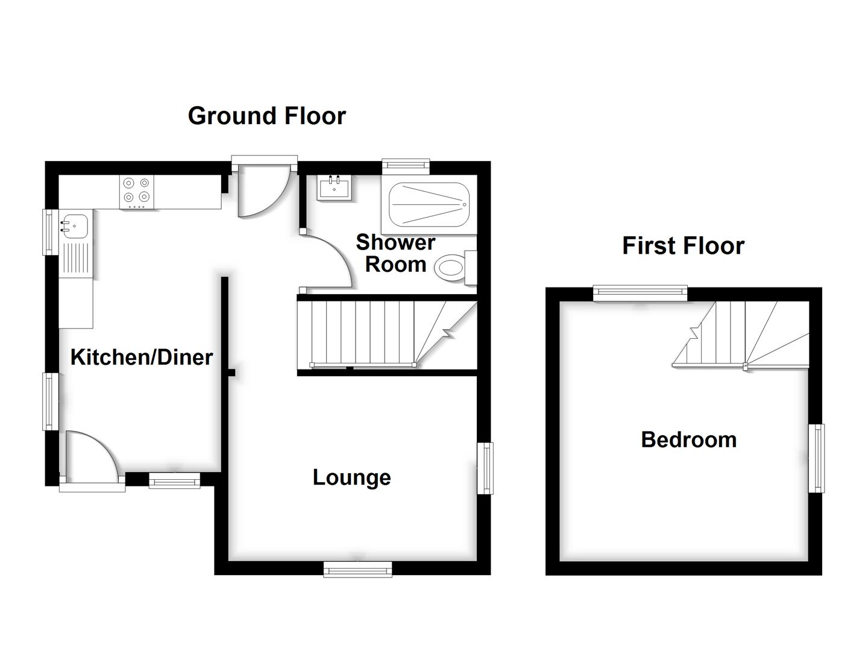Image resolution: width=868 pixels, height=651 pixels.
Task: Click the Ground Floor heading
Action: point(266,116)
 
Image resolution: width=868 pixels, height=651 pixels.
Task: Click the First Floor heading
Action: point(683,246)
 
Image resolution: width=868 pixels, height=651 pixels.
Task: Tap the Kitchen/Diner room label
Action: point(142,357)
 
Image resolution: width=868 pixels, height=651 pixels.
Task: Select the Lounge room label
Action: point(351,477)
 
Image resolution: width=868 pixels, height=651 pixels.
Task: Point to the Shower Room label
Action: point(395,253)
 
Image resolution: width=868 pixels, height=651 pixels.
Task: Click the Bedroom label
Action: point(688,439)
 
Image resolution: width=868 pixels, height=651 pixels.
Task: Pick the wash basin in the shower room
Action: point(333,187)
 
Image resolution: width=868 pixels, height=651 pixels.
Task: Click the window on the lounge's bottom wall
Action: point(357,569)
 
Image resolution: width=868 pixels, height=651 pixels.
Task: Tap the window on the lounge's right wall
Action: point(485,468)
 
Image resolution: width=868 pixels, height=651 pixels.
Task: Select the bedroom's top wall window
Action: point(640,294)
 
